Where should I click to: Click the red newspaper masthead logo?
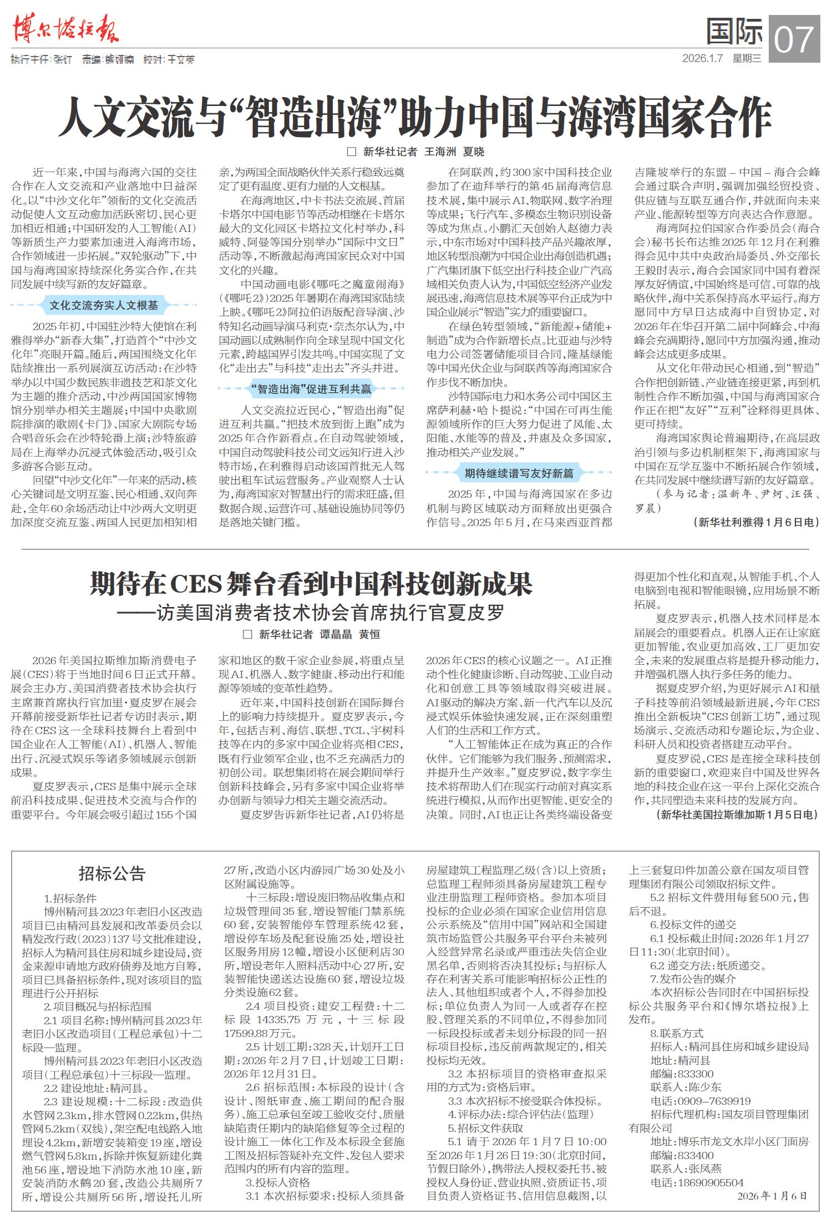65,29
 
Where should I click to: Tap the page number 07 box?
794,39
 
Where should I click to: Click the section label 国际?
734,32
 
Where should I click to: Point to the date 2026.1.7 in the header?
702,58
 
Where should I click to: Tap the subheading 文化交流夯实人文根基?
104,305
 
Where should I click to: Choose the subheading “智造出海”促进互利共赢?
311,389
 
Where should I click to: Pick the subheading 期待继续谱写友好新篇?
519,473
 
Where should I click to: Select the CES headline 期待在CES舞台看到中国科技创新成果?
311,583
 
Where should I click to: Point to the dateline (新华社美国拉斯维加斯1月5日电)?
737,814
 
